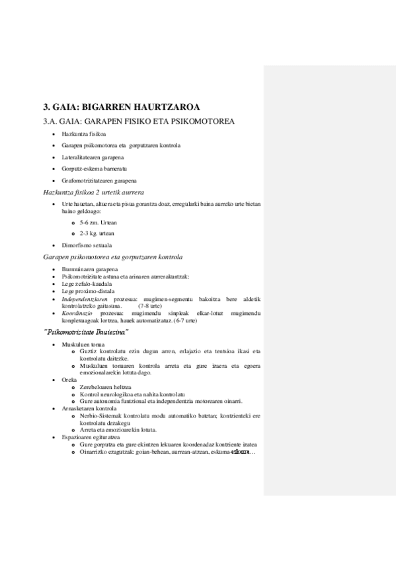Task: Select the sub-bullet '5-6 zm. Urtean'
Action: (99, 223)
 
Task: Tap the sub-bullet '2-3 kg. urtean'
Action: (97, 234)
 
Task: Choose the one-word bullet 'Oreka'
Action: (69, 380)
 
